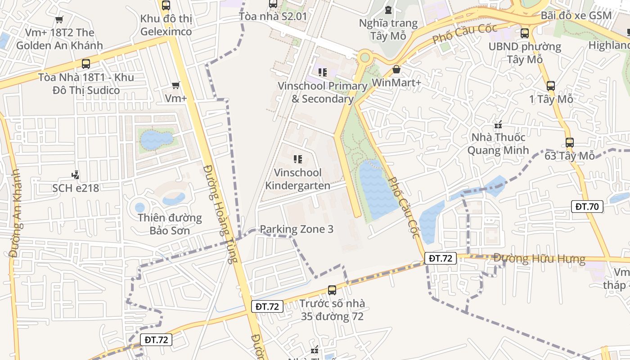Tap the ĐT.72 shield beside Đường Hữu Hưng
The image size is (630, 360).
[x=440, y=258]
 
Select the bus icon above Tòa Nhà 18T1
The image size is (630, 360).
[x=86, y=64]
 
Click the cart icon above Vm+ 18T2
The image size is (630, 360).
[x=59, y=19]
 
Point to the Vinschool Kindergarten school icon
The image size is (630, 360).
[x=297, y=159]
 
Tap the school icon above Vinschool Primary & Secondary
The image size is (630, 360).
[x=322, y=72]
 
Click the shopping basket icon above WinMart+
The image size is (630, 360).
[x=396, y=69]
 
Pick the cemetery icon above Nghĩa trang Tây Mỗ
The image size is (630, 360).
[x=388, y=9]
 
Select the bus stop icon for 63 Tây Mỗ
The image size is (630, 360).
[x=570, y=143]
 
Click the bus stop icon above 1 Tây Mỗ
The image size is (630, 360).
[x=551, y=85]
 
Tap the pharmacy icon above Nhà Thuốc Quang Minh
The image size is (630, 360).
[x=498, y=124]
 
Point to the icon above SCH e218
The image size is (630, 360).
[x=76, y=175]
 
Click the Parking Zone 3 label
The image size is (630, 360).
[x=297, y=229]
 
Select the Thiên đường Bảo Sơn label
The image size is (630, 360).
[x=170, y=224]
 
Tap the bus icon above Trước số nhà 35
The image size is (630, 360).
[x=332, y=290]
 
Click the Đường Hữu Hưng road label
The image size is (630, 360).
[x=539, y=259]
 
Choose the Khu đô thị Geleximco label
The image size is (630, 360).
[x=166, y=25]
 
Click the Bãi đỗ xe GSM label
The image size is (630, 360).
[x=576, y=15]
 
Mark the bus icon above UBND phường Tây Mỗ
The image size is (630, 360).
[x=525, y=33]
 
